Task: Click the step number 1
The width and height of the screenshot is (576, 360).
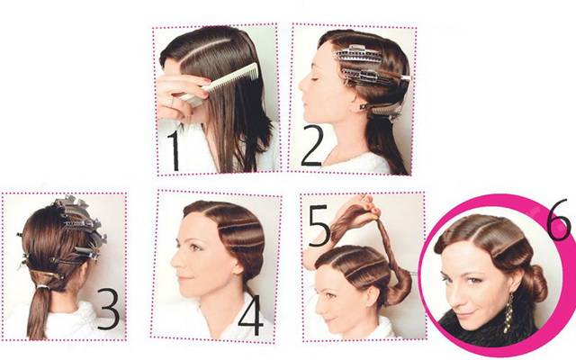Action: click(174, 150)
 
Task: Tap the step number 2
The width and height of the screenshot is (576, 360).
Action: click(312, 146)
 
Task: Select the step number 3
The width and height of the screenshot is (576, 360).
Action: click(108, 309)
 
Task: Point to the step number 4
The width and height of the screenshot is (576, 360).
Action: click(251, 315)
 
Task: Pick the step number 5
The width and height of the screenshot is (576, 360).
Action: click(319, 225)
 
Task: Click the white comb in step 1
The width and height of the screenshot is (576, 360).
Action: click(220, 83)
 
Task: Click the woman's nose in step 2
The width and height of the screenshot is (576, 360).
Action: click(302, 85)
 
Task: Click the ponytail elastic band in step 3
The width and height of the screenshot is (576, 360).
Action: click(43, 287)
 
